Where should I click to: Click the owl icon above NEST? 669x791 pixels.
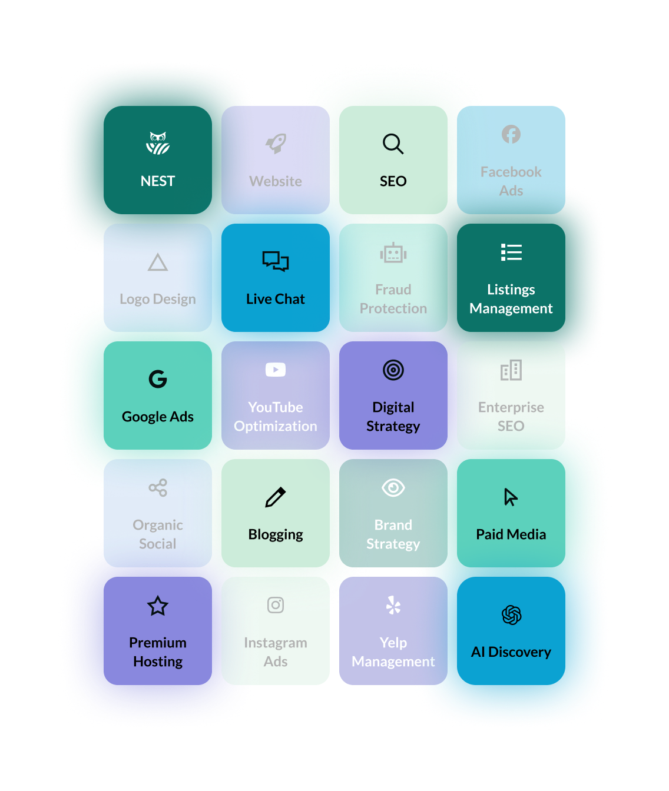pyautogui.click(x=158, y=144)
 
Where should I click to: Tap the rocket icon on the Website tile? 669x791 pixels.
pyautogui.click(x=276, y=144)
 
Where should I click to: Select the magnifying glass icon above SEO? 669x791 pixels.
pyautogui.click(x=393, y=144)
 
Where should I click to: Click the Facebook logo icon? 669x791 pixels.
pyautogui.click(x=511, y=134)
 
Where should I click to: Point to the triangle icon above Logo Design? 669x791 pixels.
pyautogui.click(x=158, y=262)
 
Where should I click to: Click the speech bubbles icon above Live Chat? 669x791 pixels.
pyautogui.click(x=276, y=261)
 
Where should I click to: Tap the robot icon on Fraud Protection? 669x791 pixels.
pyautogui.click(x=393, y=253)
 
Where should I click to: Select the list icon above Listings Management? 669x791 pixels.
pyautogui.click(x=511, y=252)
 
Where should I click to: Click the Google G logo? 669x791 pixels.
pyautogui.click(x=158, y=379)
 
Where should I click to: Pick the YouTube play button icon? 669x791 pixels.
pyautogui.click(x=276, y=370)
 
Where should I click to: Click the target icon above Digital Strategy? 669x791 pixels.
pyautogui.click(x=393, y=370)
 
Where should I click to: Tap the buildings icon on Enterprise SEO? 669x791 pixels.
pyautogui.click(x=511, y=370)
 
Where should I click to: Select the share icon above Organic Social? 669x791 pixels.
pyautogui.click(x=158, y=487)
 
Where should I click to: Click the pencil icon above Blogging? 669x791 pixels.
pyautogui.click(x=276, y=497)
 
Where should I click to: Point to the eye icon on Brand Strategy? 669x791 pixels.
pyautogui.click(x=393, y=487)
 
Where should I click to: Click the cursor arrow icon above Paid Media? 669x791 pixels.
pyautogui.click(x=511, y=497)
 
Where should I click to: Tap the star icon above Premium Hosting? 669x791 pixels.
pyautogui.click(x=158, y=606)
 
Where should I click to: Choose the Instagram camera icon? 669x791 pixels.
pyautogui.click(x=276, y=605)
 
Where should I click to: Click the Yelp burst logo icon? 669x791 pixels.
pyautogui.click(x=393, y=605)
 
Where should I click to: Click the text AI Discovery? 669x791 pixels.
pyautogui.click(x=511, y=652)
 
